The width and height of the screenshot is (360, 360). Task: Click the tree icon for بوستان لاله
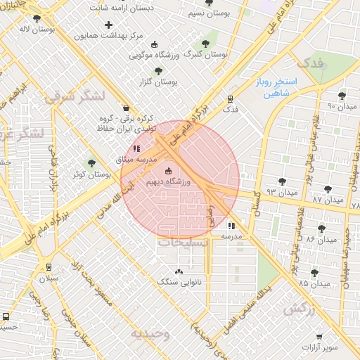click(x=37, y=18)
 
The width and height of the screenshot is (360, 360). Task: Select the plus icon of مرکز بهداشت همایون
click(x=108, y=25)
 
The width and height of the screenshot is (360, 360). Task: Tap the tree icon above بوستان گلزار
click(x=157, y=70)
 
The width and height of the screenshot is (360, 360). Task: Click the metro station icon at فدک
click(x=230, y=99)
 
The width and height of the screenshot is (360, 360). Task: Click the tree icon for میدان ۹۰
click(x=342, y=96)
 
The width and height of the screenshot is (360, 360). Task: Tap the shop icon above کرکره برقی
click(x=126, y=108)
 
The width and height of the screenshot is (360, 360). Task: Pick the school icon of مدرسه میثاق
click(x=136, y=148)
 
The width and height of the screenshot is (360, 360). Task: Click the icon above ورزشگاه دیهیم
click(x=167, y=171)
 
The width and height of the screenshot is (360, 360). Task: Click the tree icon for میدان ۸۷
click(x=328, y=188)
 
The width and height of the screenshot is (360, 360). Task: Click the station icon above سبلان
click(x=49, y=268)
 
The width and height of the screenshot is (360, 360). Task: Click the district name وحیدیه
click(x=150, y=333)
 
